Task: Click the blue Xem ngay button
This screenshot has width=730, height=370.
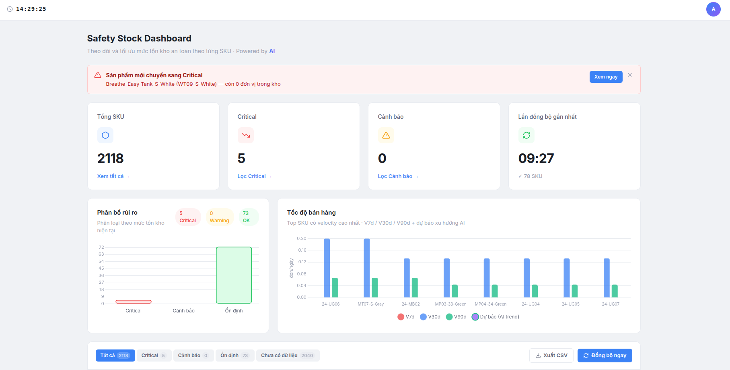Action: [x=606, y=77]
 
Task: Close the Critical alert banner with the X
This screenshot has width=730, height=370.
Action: [x=630, y=75]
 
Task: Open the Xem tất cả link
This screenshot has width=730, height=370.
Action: [x=113, y=176]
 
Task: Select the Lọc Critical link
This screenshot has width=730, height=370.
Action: [x=255, y=176]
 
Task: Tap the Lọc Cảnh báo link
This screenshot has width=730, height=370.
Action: [x=398, y=176]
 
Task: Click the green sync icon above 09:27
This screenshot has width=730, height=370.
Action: [x=526, y=135]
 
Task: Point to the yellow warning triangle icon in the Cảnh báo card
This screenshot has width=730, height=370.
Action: [x=386, y=135]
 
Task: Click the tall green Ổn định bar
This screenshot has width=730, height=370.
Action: [x=234, y=275]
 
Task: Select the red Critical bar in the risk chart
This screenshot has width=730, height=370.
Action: [x=134, y=302]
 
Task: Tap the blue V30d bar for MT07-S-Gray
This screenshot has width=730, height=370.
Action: [x=367, y=268]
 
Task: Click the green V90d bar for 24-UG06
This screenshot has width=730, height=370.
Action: [x=335, y=287]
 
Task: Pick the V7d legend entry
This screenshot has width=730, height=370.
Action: [x=406, y=317]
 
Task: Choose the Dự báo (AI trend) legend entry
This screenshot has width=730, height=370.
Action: [x=496, y=317]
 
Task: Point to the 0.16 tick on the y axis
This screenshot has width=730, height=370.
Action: [x=302, y=250]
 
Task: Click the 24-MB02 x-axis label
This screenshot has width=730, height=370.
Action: [x=411, y=304]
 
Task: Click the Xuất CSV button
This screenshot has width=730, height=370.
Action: [x=551, y=356]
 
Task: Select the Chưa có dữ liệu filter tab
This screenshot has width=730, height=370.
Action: [x=288, y=356]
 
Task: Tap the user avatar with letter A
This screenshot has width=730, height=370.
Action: [x=714, y=9]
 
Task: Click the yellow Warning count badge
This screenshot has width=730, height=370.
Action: [x=220, y=217]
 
